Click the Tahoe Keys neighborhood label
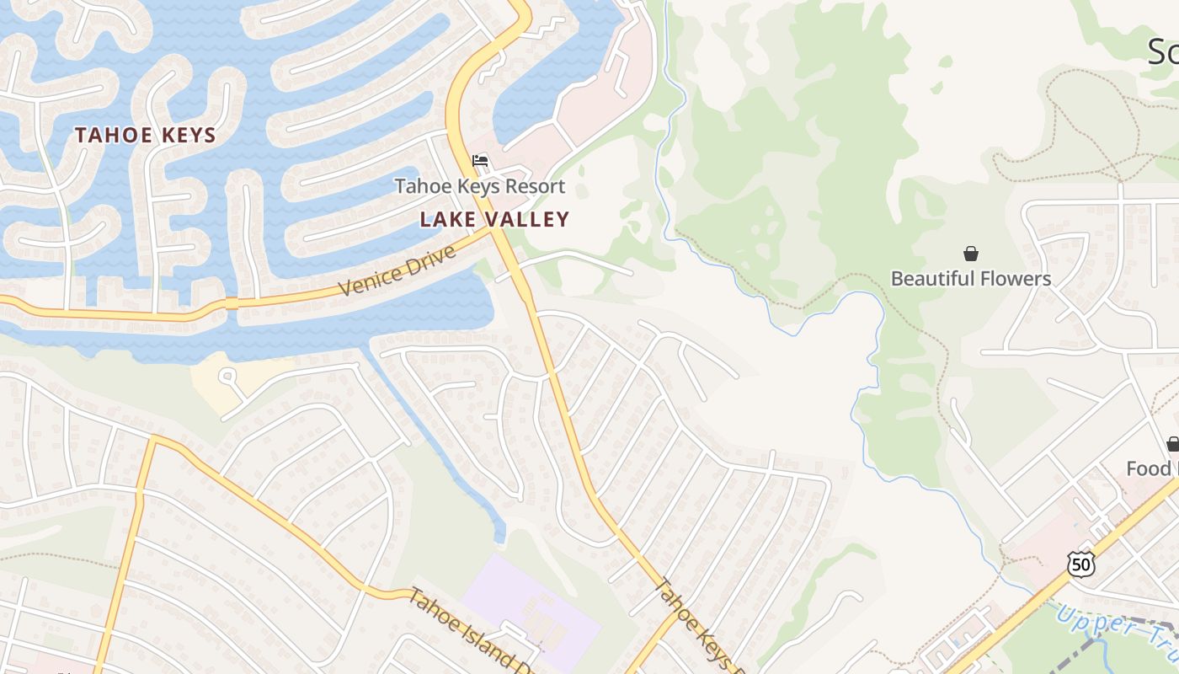point(146,135)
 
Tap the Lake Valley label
point(494,220)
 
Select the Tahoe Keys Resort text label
point(480,186)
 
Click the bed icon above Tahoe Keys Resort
point(480,161)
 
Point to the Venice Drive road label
point(396,270)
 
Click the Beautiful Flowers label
point(971,279)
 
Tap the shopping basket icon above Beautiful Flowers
point(971,254)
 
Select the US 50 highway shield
point(1080,564)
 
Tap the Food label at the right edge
point(1150,468)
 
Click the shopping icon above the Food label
point(1172,443)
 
